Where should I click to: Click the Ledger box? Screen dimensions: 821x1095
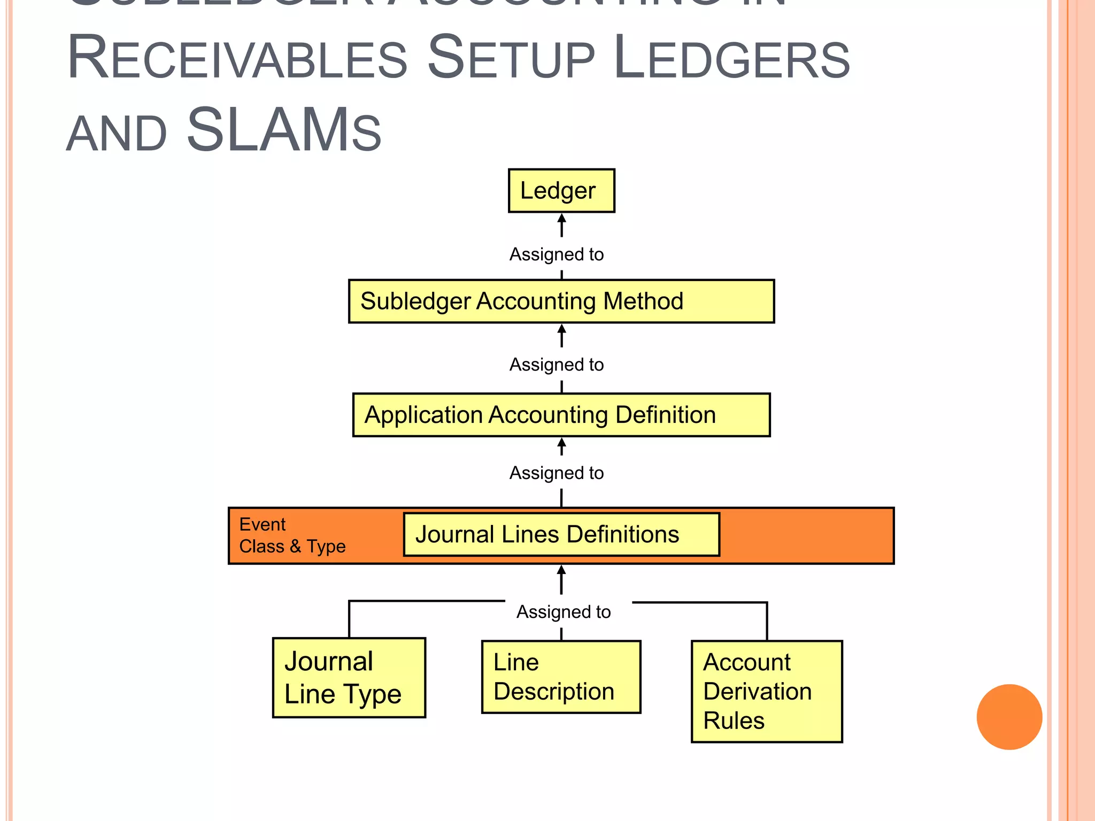(x=561, y=191)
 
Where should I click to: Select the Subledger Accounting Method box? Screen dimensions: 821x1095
(x=561, y=301)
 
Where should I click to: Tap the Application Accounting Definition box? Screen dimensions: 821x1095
(x=561, y=415)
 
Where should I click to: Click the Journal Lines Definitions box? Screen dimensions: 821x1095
(x=561, y=535)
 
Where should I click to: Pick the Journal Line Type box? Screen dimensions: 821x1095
(x=349, y=677)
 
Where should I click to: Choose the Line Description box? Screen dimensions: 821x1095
(x=561, y=677)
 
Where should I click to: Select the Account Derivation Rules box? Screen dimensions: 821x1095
(x=766, y=691)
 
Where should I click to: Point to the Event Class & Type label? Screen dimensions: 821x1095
(x=292, y=535)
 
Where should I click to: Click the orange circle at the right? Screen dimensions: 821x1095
(x=1009, y=717)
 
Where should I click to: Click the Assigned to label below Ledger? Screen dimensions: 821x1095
(x=557, y=254)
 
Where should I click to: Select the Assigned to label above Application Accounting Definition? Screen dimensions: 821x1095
(x=557, y=365)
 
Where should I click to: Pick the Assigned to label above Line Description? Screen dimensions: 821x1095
(x=564, y=612)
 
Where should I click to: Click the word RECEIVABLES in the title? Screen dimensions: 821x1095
(x=237, y=58)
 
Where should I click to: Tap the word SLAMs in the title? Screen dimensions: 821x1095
(x=283, y=130)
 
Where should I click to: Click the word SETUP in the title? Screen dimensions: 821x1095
(x=511, y=58)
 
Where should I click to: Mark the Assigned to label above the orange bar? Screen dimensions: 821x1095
(x=557, y=473)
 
